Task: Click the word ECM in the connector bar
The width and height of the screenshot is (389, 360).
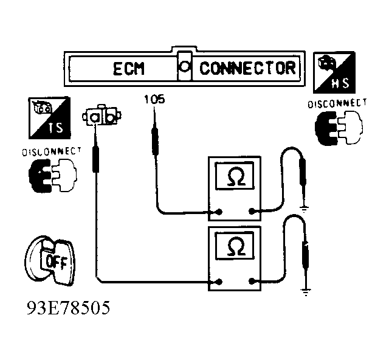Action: tap(128, 68)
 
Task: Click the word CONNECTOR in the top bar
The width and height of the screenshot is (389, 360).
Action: tap(247, 67)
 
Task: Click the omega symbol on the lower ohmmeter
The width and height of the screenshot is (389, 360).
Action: tap(234, 246)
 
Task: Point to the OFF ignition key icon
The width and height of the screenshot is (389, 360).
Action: tap(49, 260)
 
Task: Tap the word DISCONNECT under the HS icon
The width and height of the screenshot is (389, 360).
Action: tap(337, 103)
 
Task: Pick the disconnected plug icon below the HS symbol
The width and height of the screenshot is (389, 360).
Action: tap(336, 128)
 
